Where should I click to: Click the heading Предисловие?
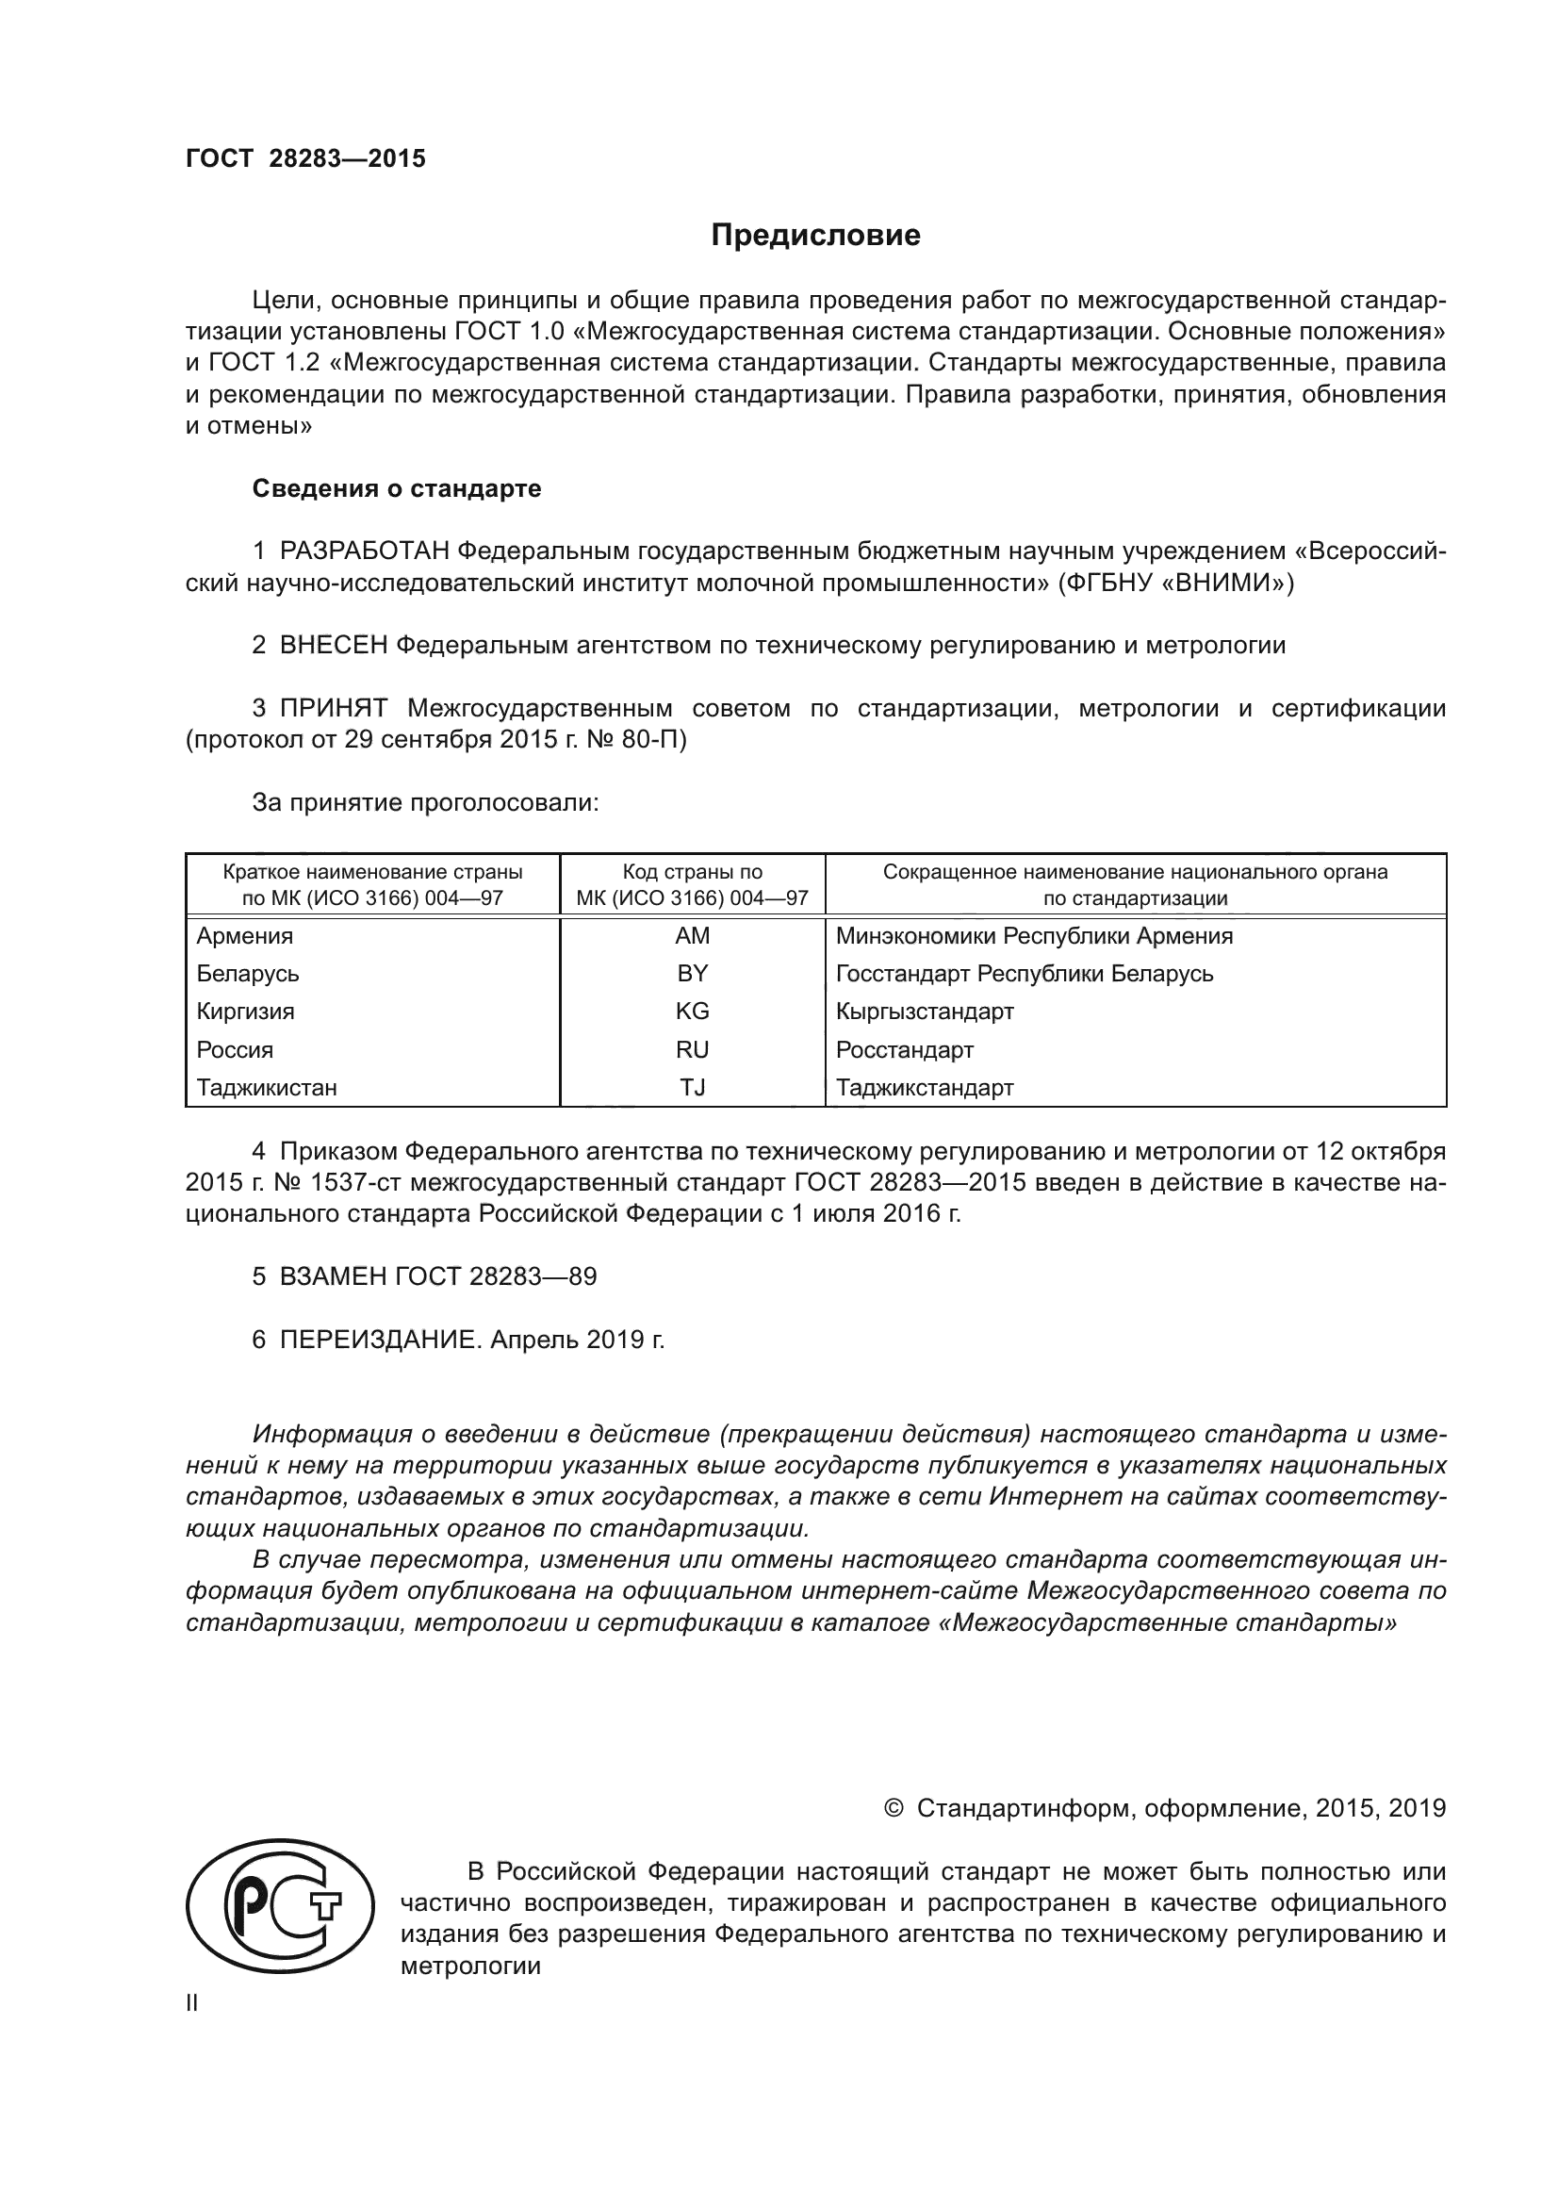pos(815,236)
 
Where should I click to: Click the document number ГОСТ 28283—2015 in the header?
pos(305,159)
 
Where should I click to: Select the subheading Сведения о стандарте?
pos(397,489)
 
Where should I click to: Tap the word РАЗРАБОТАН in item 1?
pos(364,551)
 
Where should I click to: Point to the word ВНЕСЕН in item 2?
pos(333,646)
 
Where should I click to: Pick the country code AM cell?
pos(692,935)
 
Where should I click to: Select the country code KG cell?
pos(692,1012)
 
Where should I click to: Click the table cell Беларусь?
pos(248,974)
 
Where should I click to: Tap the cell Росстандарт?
pos(904,1049)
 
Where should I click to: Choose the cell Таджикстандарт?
pos(925,1088)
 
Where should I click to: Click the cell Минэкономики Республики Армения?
pos(1034,935)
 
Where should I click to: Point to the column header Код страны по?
pos(692,872)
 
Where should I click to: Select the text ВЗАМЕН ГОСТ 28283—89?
pos(437,1276)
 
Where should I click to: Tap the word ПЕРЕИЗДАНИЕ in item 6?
pos(379,1340)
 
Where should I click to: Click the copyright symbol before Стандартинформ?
pos(893,1809)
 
